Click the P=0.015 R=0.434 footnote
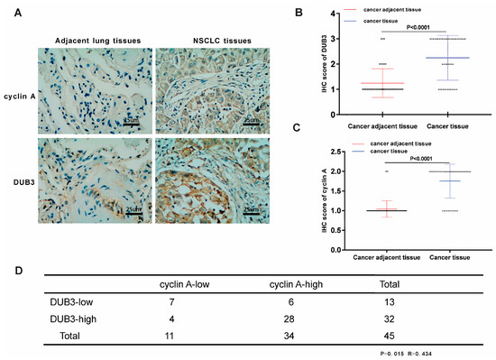[x=409, y=353]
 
